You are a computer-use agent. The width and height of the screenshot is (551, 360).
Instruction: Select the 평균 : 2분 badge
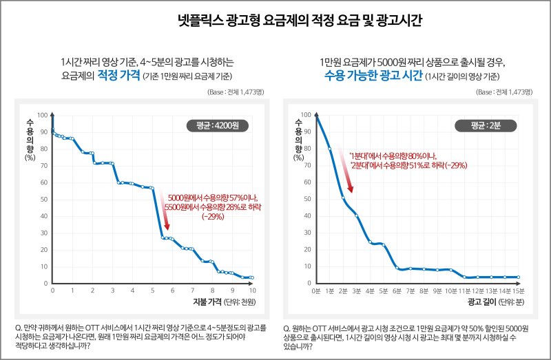tap(488, 125)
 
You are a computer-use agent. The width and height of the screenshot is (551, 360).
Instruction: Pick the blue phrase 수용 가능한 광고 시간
tap(373, 75)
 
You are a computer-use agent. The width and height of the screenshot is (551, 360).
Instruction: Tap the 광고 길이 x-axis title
tap(480, 302)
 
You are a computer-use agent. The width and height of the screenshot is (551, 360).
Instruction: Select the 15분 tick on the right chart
tap(519, 290)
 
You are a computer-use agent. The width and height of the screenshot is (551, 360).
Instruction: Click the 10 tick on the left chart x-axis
tap(253, 290)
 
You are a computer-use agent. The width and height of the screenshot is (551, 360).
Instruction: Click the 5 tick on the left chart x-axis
tap(153, 290)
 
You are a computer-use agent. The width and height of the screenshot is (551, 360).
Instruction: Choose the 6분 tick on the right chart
tap(397, 290)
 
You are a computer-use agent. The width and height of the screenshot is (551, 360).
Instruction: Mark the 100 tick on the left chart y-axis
tap(42, 115)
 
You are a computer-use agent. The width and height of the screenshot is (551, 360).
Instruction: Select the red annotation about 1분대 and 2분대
tap(408, 160)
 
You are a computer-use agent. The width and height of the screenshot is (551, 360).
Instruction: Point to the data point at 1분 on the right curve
tap(330, 149)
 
